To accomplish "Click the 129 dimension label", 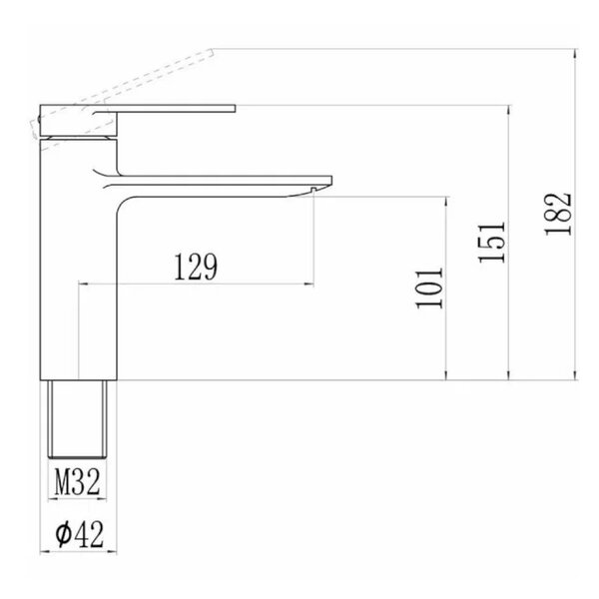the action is point(196,267).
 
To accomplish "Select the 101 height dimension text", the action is point(429,289).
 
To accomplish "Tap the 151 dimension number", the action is point(492,243).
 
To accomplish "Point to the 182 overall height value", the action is point(558,215).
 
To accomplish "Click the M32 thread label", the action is point(77,482).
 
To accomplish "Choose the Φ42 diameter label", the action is point(80,534).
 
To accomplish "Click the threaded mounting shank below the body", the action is point(78,418).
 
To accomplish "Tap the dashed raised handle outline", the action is point(122,93).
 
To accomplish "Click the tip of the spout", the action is point(331,181).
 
